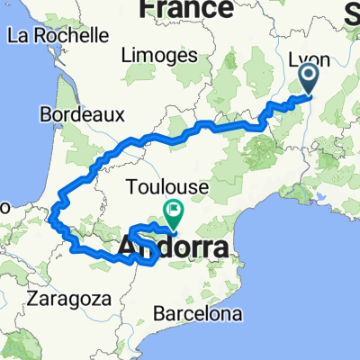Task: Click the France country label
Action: tap(185, 9)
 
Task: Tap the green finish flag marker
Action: tap(172, 212)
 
